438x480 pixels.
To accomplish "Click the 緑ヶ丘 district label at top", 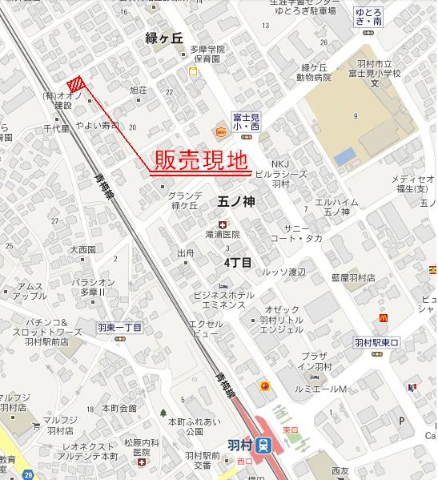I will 166,38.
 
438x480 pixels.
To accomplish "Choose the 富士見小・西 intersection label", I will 243,121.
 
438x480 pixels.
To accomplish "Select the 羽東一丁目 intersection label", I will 119,327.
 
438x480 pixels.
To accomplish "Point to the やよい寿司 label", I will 97,126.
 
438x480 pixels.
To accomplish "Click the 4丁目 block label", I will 238,262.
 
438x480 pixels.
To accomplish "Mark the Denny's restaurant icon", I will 219,131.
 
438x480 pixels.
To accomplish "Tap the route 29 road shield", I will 29,476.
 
